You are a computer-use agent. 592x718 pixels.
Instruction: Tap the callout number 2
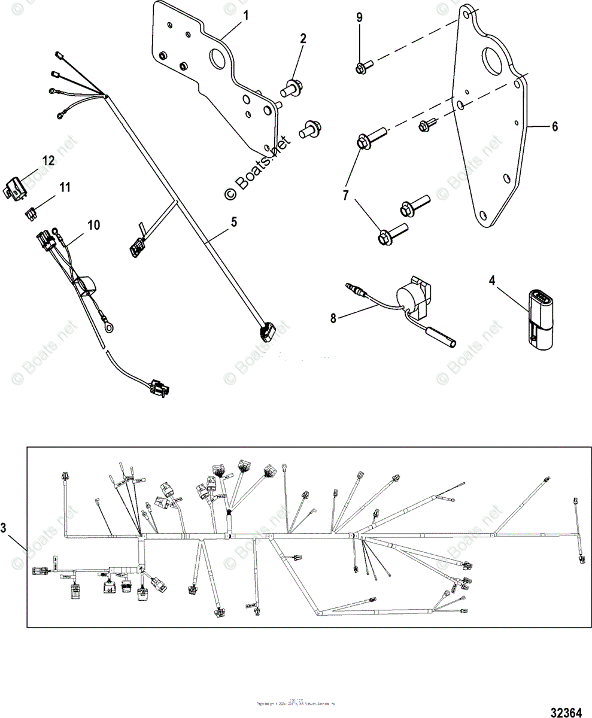tap(303, 39)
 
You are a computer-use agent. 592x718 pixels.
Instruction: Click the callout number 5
tap(233, 222)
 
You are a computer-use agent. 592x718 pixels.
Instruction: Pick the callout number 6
tap(554, 126)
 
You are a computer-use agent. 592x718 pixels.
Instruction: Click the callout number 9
tap(359, 17)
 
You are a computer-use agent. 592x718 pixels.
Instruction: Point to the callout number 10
tap(94, 225)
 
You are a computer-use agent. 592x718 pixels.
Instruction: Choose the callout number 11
tap(64, 187)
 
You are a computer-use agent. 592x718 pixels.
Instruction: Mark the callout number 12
tap(48, 160)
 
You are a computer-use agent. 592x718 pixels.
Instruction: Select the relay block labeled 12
tap(18, 188)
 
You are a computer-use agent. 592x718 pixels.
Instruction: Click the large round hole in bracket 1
tap(217, 59)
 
